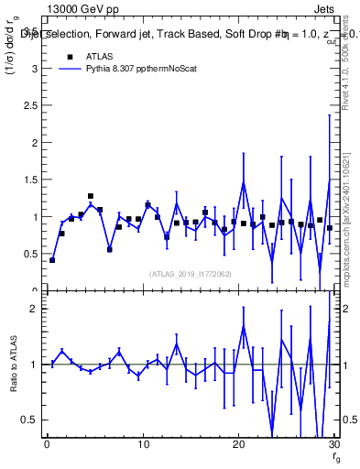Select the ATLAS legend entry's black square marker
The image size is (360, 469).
70,57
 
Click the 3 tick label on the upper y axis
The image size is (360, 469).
35,69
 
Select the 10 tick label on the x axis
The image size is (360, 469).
142,445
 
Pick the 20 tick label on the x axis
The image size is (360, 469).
238,445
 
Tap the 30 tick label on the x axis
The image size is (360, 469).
333,445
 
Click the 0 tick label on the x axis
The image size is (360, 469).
47,445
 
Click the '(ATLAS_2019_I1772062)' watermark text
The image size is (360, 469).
190,274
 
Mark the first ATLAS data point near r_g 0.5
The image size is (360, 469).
52,260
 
